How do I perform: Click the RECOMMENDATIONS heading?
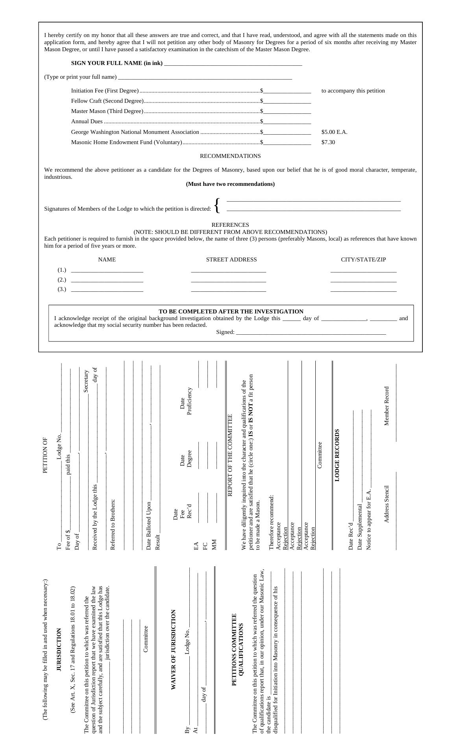[230, 156]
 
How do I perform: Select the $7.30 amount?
[328, 143]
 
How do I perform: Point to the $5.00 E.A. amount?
[334, 132]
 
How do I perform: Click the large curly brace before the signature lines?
[217, 206]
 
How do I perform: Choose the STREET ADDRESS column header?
[231, 260]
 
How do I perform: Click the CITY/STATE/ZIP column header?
[363, 260]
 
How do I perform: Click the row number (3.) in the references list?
[62, 289]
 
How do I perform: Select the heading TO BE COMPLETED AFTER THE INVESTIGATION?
[231, 311]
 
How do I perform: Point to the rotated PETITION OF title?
[45, 455]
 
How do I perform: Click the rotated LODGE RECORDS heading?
[337, 455]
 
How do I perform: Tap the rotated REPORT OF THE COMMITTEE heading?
[230, 455]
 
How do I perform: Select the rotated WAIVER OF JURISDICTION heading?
[173, 650]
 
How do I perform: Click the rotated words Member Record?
[387, 406]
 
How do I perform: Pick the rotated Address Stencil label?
[387, 504]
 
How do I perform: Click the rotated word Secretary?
[86, 381]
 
